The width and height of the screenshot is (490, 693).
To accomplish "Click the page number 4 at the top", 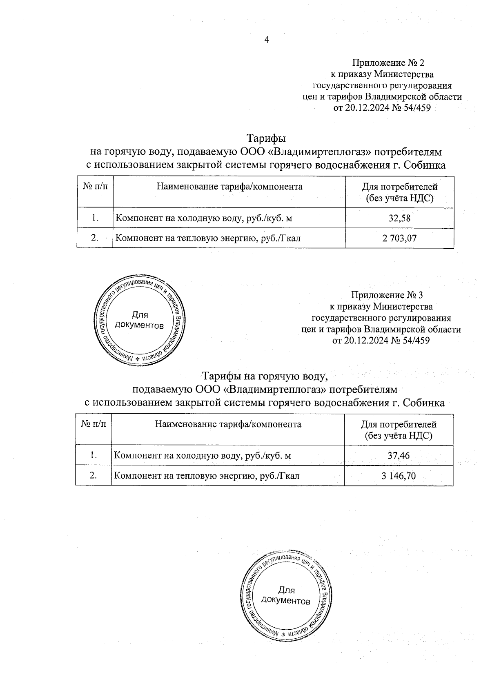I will tap(267, 40).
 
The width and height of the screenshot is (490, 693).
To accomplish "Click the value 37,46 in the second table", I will tap(399, 455).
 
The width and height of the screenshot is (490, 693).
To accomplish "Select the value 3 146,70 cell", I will tap(399, 475).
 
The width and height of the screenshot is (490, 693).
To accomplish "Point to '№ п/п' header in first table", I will tap(95, 187).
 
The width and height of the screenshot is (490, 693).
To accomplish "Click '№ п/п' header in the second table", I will tap(94, 424).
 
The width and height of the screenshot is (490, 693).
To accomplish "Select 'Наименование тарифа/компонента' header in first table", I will tap(229, 187).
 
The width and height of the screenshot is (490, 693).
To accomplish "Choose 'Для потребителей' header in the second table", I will tap(399, 425).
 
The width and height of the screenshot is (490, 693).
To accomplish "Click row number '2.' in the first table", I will tap(95, 238).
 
